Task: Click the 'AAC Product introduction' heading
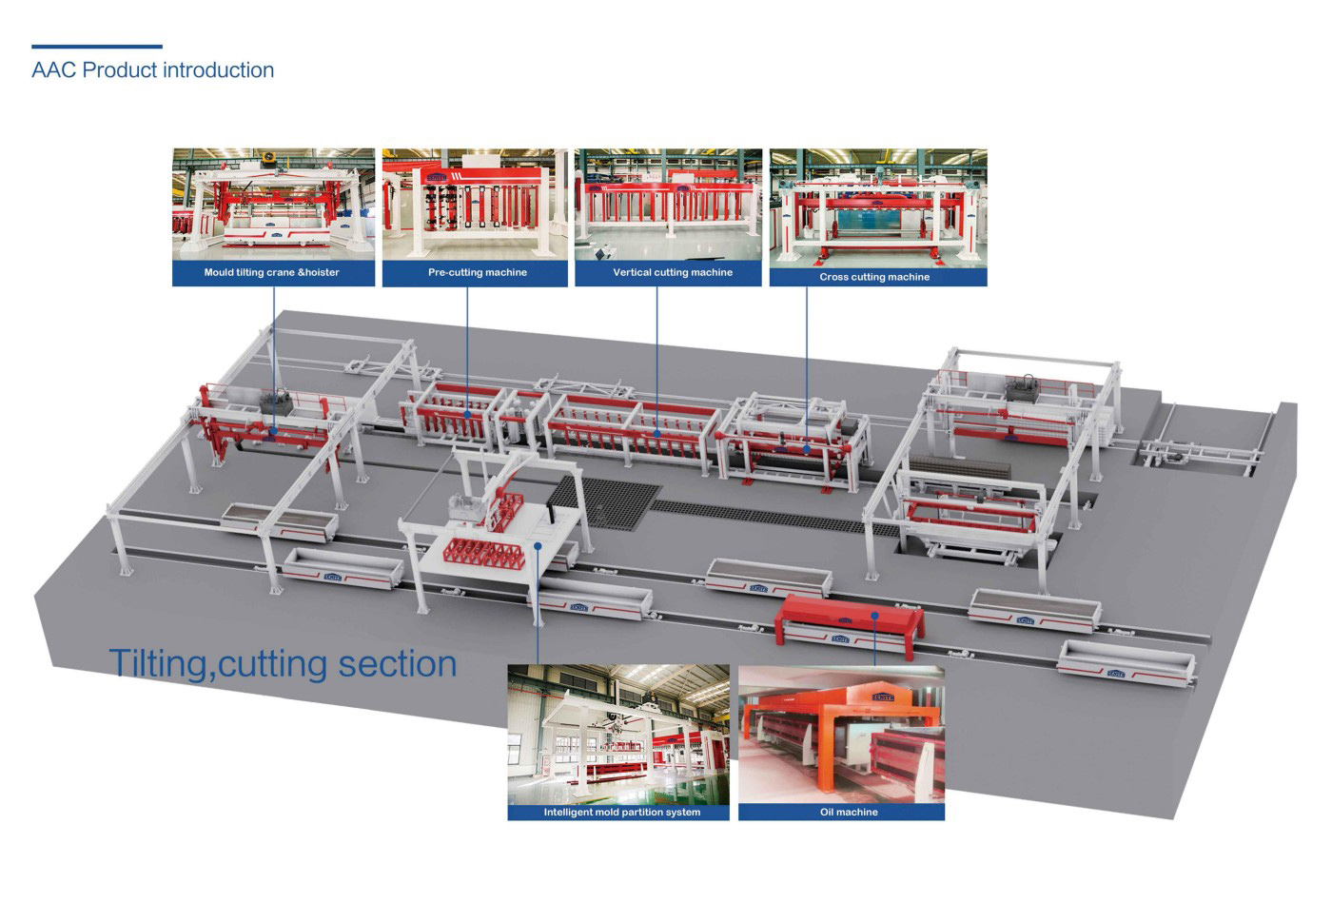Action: point(153,70)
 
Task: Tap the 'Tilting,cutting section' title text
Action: point(284,664)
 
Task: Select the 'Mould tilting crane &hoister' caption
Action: point(272,272)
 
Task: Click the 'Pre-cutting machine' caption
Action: point(478,272)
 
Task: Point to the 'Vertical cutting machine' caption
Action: point(673,272)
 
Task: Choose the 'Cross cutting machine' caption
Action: point(874,277)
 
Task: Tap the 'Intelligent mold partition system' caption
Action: point(622,812)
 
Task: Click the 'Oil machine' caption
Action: point(849,812)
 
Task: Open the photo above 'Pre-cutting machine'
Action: point(475,205)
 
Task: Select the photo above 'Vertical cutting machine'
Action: point(668,205)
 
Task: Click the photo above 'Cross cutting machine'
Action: point(878,208)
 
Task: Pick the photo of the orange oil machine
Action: point(841,734)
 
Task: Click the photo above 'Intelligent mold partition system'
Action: point(618,734)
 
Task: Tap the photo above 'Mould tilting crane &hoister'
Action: point(274,205)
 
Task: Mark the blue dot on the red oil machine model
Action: point(874,615)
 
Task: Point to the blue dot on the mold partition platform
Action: point(538,545)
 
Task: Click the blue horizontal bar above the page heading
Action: point(97,47)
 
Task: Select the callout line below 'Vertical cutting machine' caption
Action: point(657,360)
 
